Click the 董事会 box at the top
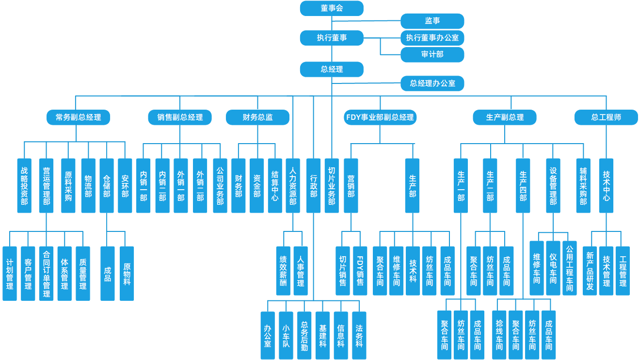[x=332, y=8]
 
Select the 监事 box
[x=432, y=21]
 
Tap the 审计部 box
[x=432, y=54]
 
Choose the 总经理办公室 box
[x=432, y=83]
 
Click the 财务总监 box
[x=257, y=117]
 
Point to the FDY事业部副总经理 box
[x=380, y=117]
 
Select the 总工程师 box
[x=606, y=117]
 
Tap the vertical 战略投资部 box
[x=24, y=185]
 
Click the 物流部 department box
[x=88, y=185]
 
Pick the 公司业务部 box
[x=220, y=185]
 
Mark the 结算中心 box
[x=275, y=185]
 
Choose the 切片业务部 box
[x=332, y=185]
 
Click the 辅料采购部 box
[x=583, y=185]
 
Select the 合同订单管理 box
[x=47, y=273]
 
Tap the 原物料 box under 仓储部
[x=127, y=273]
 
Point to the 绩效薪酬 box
[x=283, y=271]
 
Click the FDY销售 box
[x=360, y=271]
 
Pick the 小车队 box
[x=286, y=335]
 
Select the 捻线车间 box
[x=499, y=335]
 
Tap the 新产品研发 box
[x=590, y=271]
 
